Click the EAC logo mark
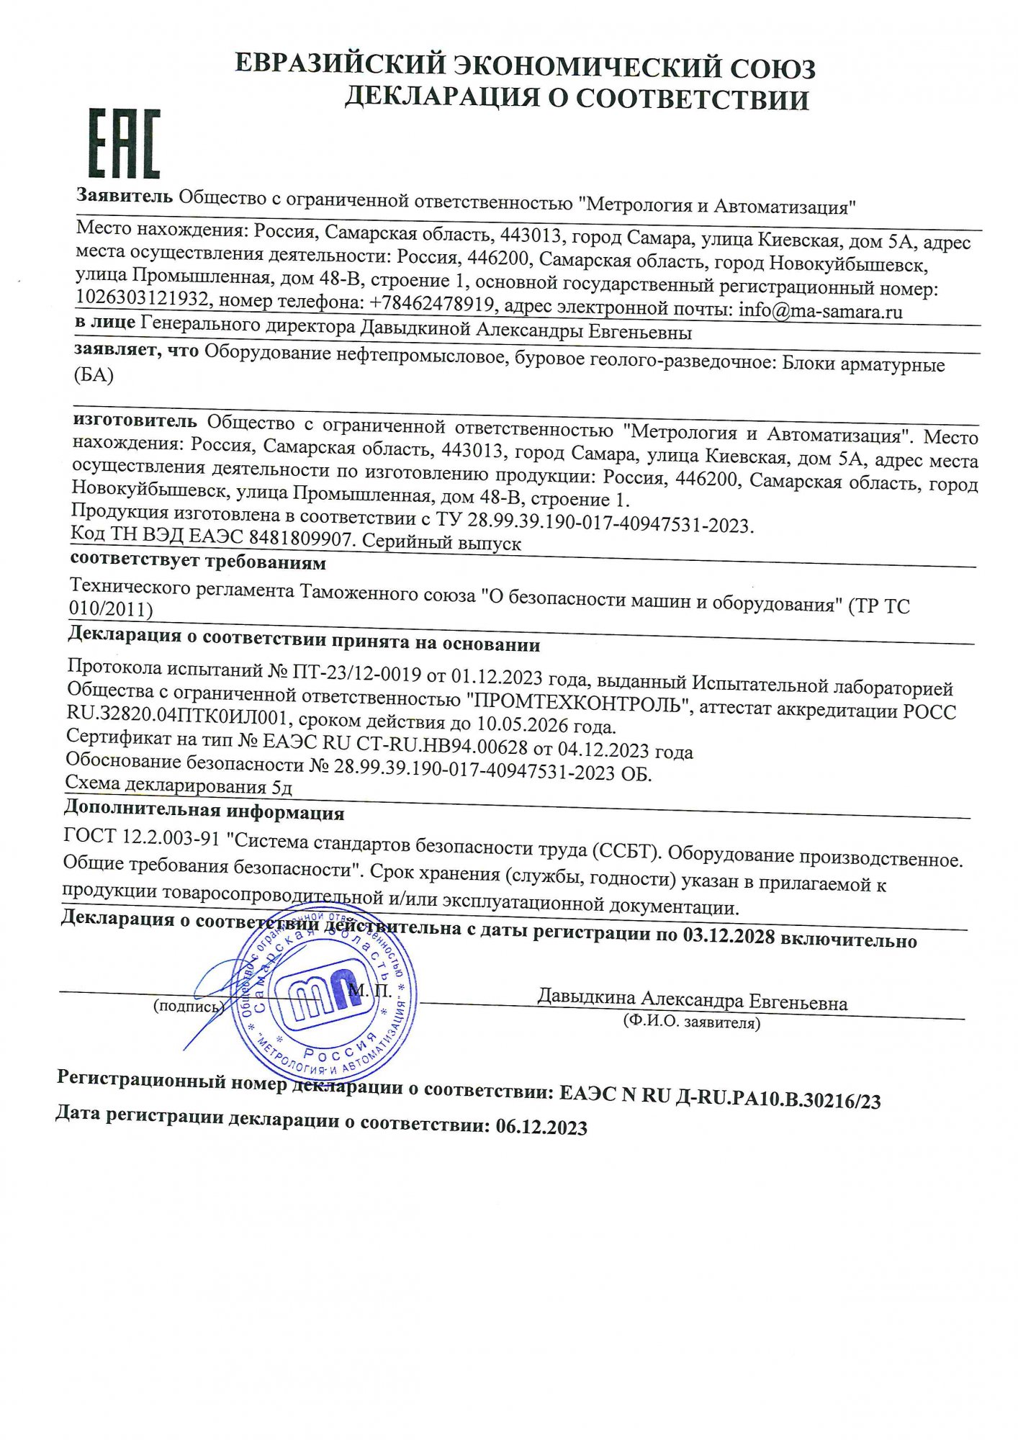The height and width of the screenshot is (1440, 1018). [124, 144]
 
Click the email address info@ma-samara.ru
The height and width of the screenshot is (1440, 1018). [820, 311]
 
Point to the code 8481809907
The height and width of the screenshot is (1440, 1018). [300, 539]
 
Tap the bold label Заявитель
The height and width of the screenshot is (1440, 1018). [125, 196]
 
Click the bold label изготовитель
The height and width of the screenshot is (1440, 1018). [135, 420]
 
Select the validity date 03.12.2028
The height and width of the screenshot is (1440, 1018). [729, 937]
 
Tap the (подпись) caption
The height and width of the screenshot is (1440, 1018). [189, 1006]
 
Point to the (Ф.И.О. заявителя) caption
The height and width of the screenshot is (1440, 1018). [691, 1022]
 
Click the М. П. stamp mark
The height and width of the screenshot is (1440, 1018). [370, 991]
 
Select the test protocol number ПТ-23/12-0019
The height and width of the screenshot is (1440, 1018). [356, 673]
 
